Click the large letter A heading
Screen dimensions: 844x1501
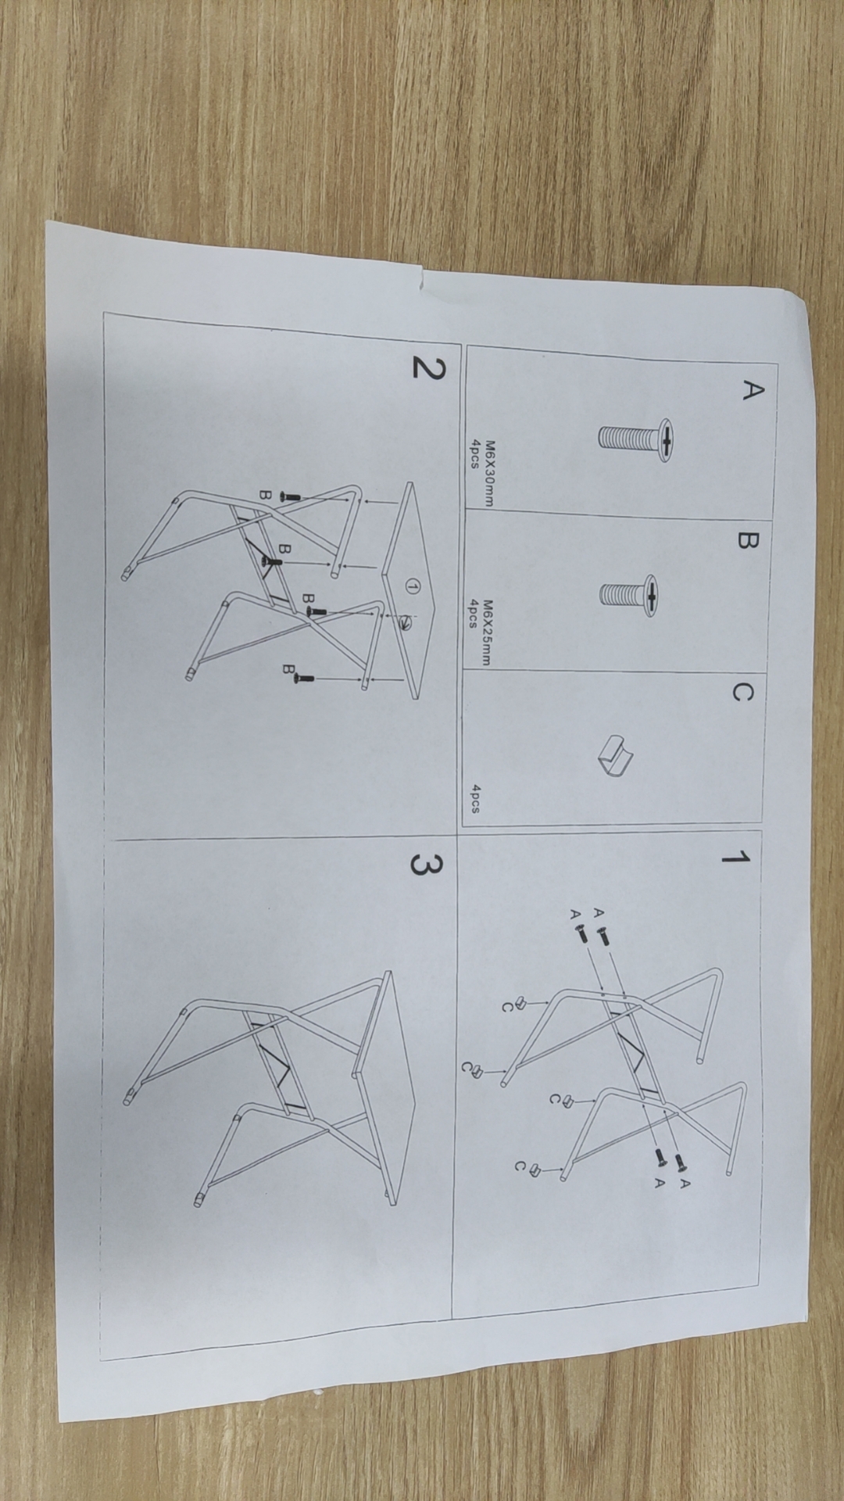751,390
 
